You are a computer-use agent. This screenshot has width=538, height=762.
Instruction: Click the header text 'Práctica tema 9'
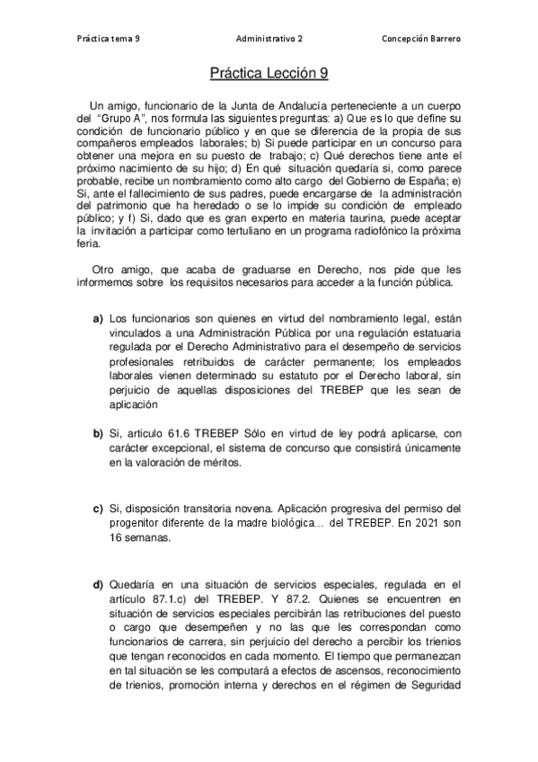tap(110, 40)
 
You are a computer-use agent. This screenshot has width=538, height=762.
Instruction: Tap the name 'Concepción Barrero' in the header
tap(422, 40)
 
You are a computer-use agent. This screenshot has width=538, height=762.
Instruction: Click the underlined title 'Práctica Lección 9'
tap(269, 77)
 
